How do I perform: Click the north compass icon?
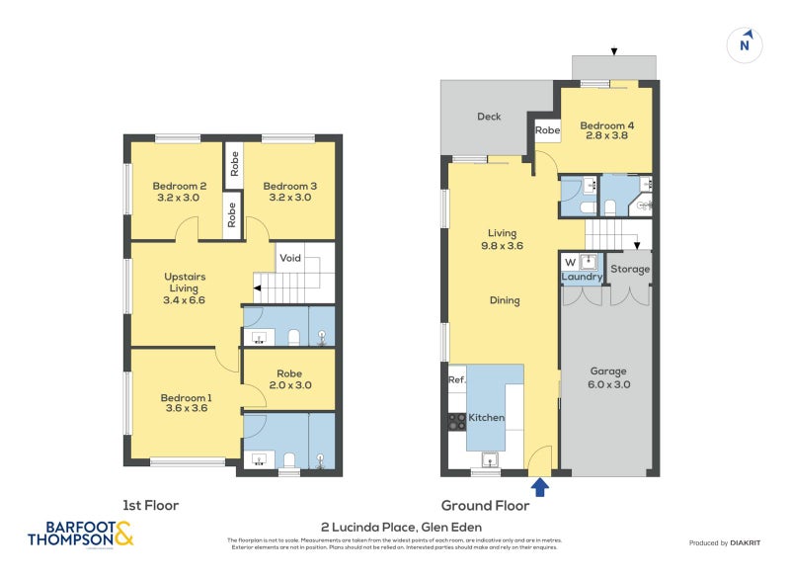point(747,44)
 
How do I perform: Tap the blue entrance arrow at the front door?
point(540,486)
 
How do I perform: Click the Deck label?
point(489,117)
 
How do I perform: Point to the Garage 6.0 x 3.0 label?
point(608,378)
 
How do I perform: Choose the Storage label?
point(629,269)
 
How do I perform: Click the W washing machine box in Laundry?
point(570,262)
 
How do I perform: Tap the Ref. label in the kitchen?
point(456,379)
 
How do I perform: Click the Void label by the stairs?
point(289,258)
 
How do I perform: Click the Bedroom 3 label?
point(289,192)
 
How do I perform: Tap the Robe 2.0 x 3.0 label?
point(289,378)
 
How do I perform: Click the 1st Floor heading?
point(150,505)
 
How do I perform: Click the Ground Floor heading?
point(485,505)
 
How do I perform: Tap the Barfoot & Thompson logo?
point(80,534)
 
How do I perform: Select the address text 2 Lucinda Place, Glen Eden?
point(401,527)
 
